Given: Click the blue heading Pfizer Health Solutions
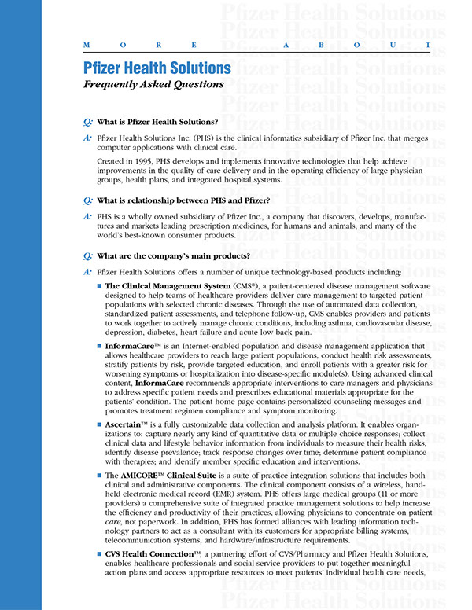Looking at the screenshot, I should (157, 68).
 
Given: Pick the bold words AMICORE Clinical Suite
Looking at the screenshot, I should (172, 476).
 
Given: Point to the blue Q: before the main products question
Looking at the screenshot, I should (87, 255).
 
